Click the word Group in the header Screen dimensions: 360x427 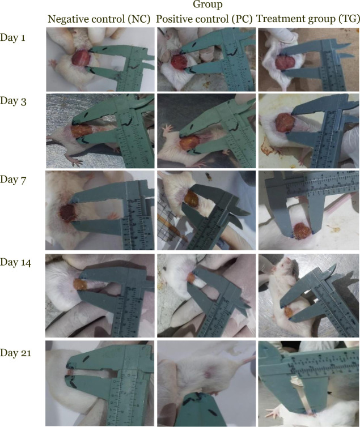point(207,5)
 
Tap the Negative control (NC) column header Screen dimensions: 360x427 point(99,19)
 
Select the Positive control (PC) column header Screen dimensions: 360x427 point(205,19)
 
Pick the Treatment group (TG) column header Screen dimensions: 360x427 point(308,19)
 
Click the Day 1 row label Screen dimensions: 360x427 point(13,37)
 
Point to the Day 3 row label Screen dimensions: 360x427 point(14,101)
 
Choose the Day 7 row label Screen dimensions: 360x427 point(13,180)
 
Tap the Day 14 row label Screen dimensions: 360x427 point(15,262)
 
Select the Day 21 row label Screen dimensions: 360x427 point(15,353)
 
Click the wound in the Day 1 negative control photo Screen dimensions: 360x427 point(81,58)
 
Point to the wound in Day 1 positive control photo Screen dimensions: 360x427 point(179,62)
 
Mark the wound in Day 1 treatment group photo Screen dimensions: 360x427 point(285,62)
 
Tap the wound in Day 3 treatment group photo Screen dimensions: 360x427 point(283,123)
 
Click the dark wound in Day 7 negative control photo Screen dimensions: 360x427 point(68,213)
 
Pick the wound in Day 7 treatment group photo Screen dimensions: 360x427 point(302,229)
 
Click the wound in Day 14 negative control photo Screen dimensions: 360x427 point(79,284)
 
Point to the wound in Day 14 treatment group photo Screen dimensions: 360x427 point(289,312)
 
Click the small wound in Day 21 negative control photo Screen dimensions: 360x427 point(70,372)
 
